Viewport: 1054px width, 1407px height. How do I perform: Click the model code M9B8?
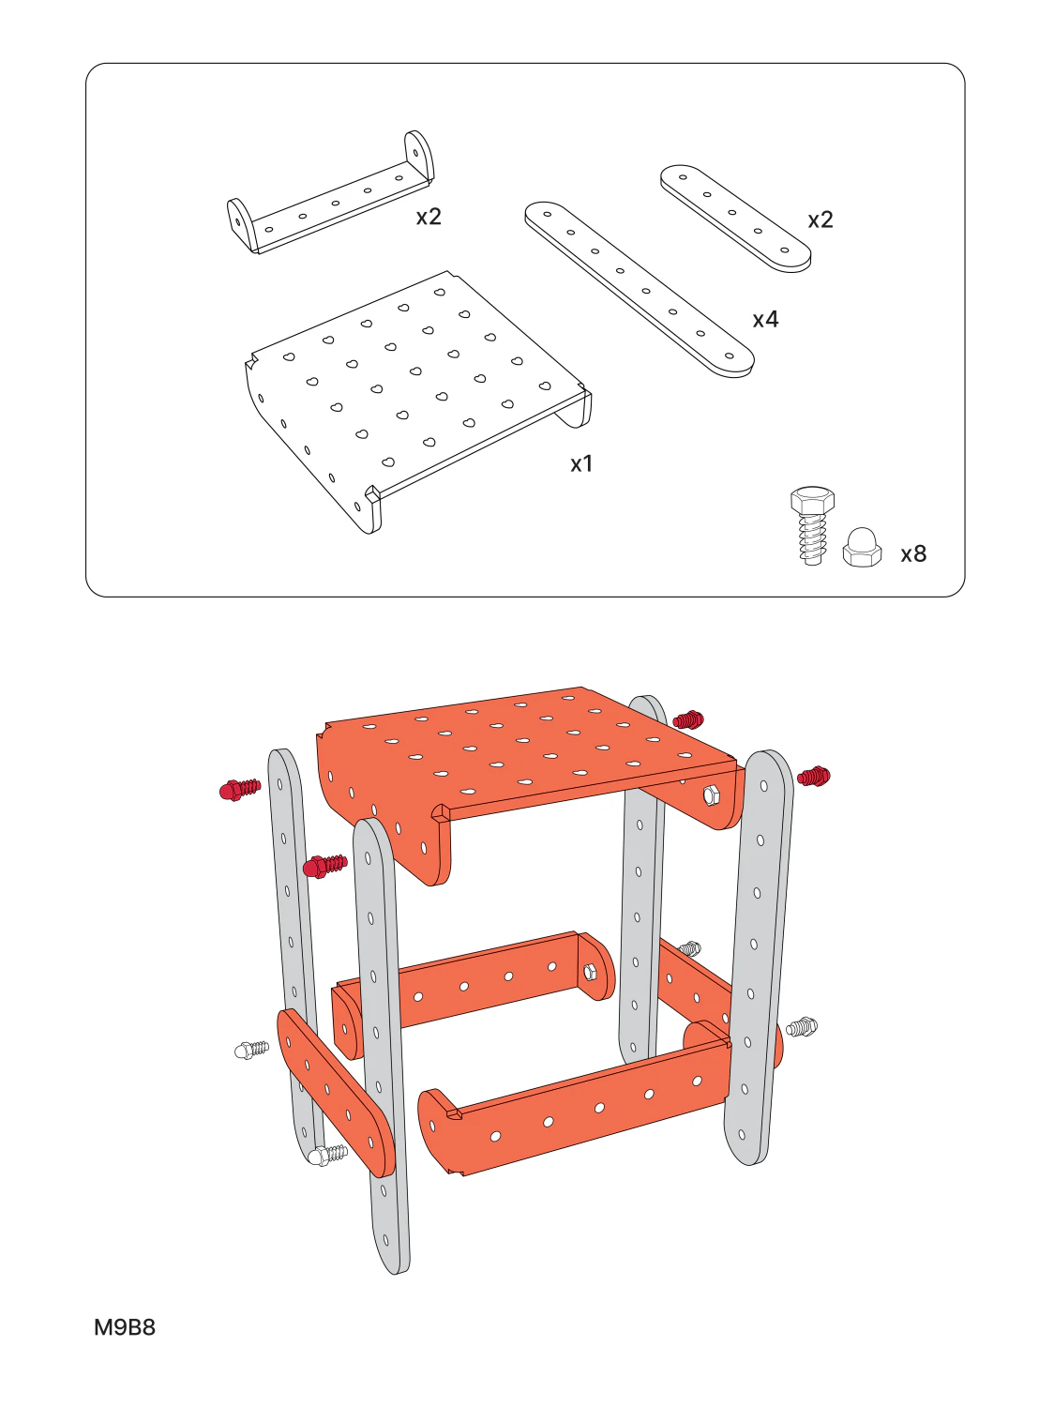[125, 1326]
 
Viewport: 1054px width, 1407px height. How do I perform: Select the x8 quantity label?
[913, 553]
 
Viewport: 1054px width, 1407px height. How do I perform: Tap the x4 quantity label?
[765, 319]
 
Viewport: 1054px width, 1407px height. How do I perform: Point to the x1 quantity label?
[581, 464]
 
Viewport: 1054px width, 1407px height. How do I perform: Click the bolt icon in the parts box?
[812, 525]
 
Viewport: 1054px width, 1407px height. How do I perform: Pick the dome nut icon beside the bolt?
[863, 547]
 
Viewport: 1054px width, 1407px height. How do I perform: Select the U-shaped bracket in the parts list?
[331, 192]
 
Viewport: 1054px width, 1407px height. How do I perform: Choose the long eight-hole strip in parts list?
[639, 290]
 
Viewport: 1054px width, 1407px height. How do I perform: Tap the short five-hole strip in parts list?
[735, 219]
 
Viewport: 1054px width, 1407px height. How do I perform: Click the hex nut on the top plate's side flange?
[710, 796]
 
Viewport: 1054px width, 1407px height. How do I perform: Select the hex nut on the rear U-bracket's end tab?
[590, 974]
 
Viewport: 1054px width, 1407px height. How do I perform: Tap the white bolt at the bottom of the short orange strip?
[326, 1155]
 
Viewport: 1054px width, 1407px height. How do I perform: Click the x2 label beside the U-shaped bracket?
[429, 218]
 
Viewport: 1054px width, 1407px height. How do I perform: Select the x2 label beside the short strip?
[821, 219]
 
